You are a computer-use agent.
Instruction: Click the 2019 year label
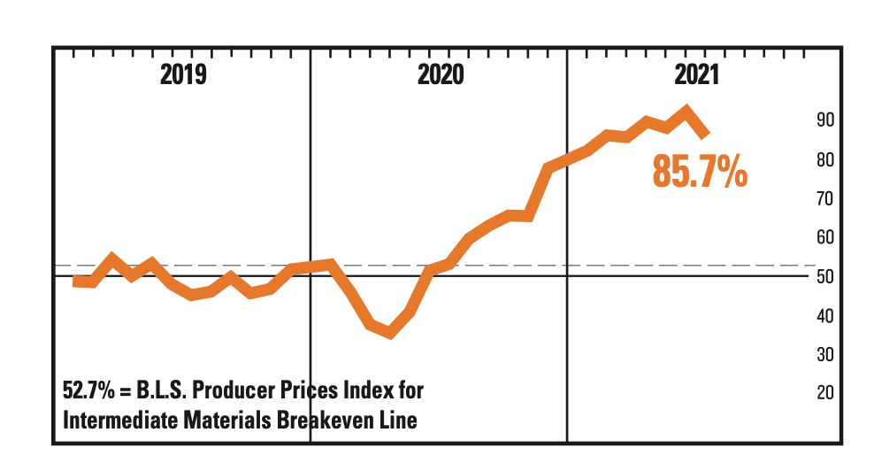(183, 74)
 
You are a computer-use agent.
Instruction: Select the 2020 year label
(440, 74)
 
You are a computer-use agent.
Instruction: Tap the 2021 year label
(697, 74)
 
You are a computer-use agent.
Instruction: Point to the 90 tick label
(826, 120)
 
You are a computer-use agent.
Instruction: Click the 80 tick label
(826, 160)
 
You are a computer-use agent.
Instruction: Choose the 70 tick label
(826, 198)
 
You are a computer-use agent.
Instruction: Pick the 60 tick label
(826, 237)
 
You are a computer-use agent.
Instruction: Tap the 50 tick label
(826, 276)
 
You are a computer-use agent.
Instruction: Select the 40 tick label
(826, 315)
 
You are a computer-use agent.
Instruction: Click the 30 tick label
(826, 354)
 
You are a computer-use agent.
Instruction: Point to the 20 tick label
(826, 392)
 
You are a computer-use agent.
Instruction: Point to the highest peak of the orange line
(686, 112)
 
